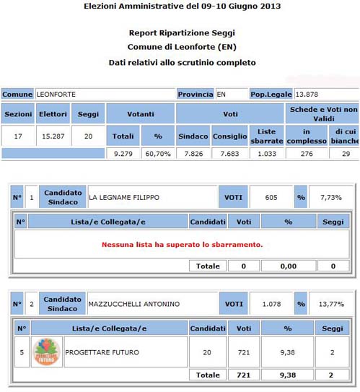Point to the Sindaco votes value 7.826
(x=192, y=153)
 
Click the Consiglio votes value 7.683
(x=229, y=153)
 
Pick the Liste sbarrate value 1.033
(x=266, y=153)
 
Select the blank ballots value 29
(x=346, y=153)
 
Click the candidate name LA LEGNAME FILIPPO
(x=123, y=197)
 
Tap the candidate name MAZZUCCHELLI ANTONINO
(x=133, y=304)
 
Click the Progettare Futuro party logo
(x=47, y=352)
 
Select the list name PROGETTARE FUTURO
(x=102, y=352)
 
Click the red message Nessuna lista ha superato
(x=182, y=244)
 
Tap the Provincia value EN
(x=221, y=94)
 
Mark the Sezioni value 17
(x=18, y=135)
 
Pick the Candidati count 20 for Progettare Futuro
(x=208, y=352)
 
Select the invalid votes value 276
(x=305, y=153)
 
